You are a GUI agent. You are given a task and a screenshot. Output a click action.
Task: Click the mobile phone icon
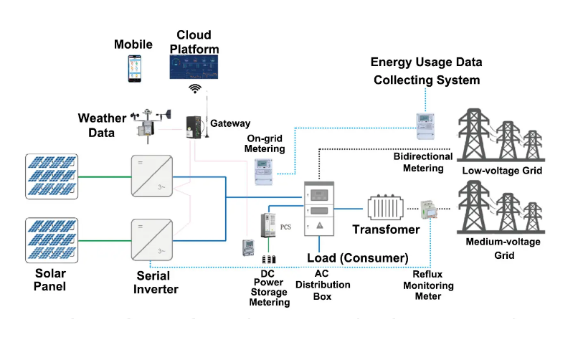tap(133, 68)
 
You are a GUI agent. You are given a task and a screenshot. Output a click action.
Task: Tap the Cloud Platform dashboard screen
tap(194, 65)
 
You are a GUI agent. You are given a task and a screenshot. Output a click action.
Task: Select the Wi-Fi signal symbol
tap(194, 88)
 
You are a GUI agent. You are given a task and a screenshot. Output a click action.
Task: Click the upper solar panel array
tap(50, 174)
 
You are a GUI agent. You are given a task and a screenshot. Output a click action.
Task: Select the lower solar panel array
tap(50, 240)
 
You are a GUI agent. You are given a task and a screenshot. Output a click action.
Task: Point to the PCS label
tap(285, 227)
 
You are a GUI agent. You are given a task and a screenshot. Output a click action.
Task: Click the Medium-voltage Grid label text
tap(503, 248)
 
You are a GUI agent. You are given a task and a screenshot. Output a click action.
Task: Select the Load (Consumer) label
tap(357, 257)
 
